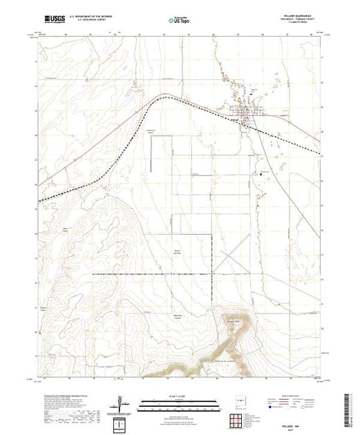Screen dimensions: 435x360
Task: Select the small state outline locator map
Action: pos(241,400)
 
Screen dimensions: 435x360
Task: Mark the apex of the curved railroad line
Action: pos(166,97)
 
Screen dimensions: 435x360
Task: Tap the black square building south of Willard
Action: pos(260,173)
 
